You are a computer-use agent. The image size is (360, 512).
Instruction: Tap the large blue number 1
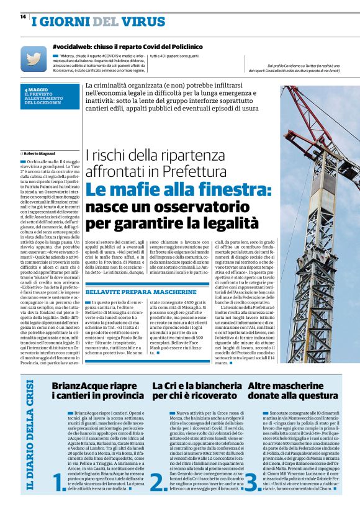click(60, 480)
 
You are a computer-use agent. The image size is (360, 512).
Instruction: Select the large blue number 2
click(159, 480)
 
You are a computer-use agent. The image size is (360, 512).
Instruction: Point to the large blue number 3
click(252, 480)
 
